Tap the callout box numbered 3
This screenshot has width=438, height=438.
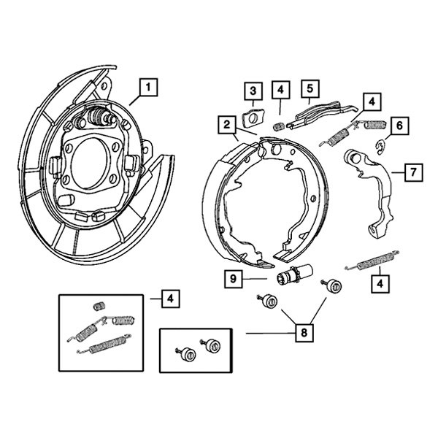click(253, 91)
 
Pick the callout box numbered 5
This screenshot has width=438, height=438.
click(310, 90)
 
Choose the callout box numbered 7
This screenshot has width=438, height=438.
click(412, 172)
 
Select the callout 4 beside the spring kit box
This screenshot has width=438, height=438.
click(168, 298)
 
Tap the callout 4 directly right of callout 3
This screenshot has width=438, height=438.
click(281, 91)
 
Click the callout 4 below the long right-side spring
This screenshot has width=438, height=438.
click(380, 283)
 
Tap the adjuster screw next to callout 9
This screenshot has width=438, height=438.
click(291, 278)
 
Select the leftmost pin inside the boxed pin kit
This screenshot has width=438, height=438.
click(186, 355)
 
